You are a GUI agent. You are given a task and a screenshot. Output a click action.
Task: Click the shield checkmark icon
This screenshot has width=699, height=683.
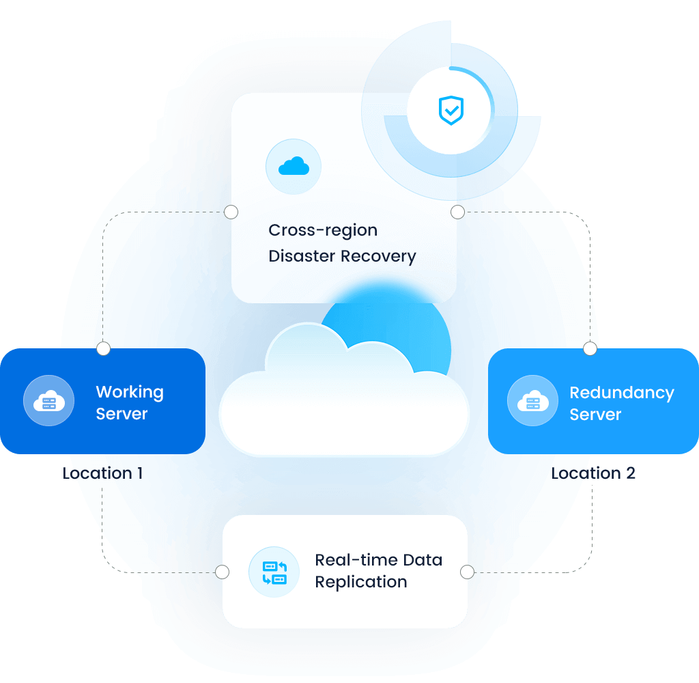pos(451,110)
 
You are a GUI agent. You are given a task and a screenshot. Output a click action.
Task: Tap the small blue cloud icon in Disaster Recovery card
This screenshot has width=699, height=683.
pos(294,166)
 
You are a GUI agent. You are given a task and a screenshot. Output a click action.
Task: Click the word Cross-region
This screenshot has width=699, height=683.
pos(323,230)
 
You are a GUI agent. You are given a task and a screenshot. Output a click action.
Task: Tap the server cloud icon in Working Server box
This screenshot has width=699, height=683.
pos(48,401)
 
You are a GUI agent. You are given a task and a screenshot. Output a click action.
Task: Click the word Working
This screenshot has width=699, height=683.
pos(130,392)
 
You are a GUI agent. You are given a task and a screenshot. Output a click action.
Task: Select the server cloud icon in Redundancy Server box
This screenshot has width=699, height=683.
pos(532,401)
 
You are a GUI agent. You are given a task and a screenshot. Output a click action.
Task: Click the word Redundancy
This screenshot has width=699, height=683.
pos(622,393)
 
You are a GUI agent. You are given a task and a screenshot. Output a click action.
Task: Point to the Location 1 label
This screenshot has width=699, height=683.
pos(102,473)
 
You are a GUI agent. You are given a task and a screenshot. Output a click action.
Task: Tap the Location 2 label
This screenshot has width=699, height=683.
pos(593,473)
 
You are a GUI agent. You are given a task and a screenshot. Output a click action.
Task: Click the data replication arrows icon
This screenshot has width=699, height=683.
pos(274,572)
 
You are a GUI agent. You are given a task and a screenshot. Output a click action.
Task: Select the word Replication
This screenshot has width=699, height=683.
pos(360,582)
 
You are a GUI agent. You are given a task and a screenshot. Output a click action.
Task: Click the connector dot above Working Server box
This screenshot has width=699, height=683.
pos(103,349)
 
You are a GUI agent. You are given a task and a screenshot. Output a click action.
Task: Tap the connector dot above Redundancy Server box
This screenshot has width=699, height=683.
pos(590,349)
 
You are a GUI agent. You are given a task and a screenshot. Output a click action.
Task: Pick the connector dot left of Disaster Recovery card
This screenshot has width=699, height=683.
pos(231,212)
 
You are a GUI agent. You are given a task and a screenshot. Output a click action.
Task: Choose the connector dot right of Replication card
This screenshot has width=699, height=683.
pos(467,572)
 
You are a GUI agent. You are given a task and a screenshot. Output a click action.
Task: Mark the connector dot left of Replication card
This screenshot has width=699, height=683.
pos(222,572)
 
